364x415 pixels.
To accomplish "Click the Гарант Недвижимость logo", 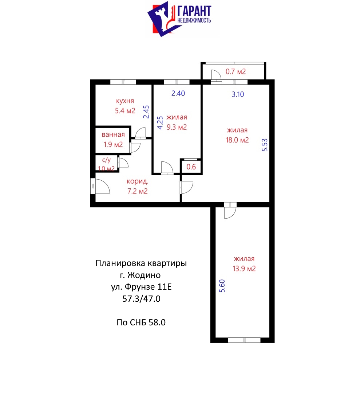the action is [179, 19].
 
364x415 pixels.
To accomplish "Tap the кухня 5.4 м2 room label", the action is [125, 106].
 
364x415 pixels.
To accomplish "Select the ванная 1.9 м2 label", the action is [113, 139].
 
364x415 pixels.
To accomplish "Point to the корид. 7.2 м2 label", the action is [138, 186].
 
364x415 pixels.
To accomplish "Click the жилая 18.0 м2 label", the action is [237, 135].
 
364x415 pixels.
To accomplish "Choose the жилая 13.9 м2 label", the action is [244, 263].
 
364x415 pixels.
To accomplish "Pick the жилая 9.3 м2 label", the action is [177, 122].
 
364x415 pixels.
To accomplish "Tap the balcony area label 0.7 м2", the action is [236, 71].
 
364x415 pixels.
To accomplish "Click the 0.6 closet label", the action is [191, 167].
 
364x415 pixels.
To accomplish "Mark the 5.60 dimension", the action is [222, 286].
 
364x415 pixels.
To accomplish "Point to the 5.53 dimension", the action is [265, 145].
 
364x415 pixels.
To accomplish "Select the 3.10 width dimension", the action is [238, 94].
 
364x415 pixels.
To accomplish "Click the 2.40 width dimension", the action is [178, 93].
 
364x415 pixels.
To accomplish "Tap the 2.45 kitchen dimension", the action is [146, 112].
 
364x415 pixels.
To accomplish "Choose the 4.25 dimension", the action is [160, 123].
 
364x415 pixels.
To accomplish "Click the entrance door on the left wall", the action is [100, 186].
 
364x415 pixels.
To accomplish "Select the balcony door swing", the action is [216, 76].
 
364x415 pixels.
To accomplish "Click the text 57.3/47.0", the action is [141, 298].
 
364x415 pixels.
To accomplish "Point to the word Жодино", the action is [144, 275].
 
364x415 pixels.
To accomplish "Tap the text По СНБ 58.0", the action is [141, 322].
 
